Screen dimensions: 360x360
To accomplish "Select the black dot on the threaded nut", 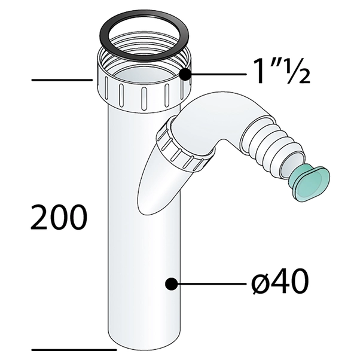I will click(x=186, y=75).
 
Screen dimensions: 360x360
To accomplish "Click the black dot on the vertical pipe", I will click(x=172, y=283).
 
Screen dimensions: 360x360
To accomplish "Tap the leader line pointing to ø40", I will click(x=209, y=283).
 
